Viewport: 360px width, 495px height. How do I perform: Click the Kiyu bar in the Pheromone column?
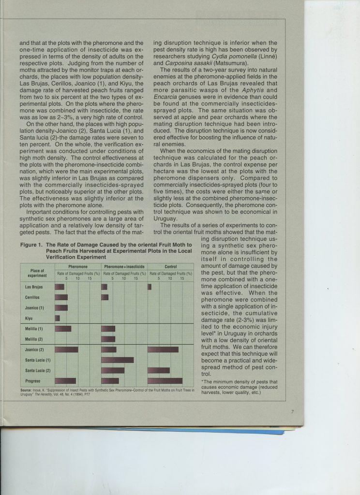(x=57, y=318)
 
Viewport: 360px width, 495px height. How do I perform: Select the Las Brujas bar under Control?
(x=150, y=287)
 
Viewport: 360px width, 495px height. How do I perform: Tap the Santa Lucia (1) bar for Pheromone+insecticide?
(x=117, y=360)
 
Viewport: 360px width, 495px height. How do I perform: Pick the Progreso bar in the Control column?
(x=165, y=380)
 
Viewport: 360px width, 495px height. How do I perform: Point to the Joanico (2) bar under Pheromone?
(x=66, y=349)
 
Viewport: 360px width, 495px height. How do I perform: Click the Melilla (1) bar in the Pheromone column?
(x=63, y=329)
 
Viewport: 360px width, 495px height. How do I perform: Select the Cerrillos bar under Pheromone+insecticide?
(x=105, y=297)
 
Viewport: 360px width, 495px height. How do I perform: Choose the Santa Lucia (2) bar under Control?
(x=159, y=370)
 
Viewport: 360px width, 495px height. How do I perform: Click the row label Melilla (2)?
(x=34, y=339)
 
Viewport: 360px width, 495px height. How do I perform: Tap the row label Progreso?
(x=33, y=380)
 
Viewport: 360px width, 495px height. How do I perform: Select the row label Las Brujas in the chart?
(x=34, y=287)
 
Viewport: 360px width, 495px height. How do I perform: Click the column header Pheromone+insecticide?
(x=124, y=266)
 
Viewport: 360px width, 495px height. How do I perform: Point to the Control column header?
(x=170, y=266)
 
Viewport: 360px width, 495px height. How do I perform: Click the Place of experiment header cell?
(x=37, y=273)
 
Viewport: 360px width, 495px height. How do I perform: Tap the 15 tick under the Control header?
(x=182, y=278)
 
